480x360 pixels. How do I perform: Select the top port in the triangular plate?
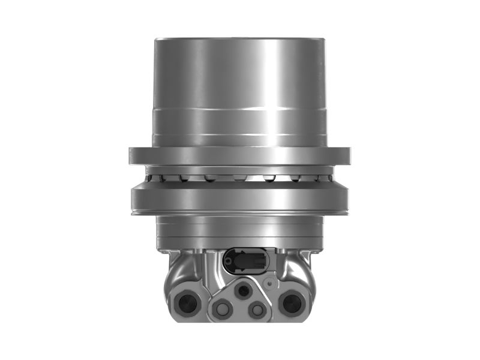(243, 291)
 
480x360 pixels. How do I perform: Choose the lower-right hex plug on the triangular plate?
(258, 310)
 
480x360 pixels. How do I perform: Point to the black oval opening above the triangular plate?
(247, 262)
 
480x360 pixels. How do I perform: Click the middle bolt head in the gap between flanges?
(239, 178)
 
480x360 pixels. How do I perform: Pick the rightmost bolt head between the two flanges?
(325, 177)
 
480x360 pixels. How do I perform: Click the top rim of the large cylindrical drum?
(240, 40)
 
